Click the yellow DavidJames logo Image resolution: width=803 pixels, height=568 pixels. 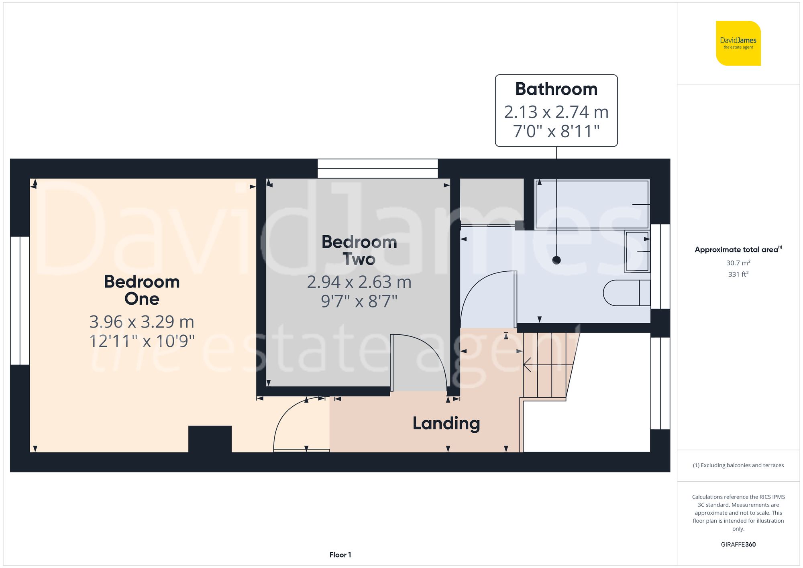738,43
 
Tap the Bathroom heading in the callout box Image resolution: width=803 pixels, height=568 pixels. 556,89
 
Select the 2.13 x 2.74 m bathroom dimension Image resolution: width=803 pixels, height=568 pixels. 556,112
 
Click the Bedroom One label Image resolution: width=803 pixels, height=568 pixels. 142,290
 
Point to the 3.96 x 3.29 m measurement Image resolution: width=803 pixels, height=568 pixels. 142,322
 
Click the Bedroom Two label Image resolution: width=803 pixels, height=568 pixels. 359,250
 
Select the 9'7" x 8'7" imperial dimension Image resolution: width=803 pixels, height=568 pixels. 359,301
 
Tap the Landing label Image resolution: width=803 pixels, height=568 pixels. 446,423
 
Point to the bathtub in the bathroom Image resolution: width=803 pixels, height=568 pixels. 591,204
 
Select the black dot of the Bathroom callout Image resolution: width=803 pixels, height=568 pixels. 556,260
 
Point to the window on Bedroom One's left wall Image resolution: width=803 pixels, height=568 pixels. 20,300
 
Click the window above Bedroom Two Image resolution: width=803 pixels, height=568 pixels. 377,169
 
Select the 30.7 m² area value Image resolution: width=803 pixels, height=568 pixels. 738,263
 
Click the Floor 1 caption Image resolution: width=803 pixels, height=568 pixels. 340,555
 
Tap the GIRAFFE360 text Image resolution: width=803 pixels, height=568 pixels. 738,544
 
